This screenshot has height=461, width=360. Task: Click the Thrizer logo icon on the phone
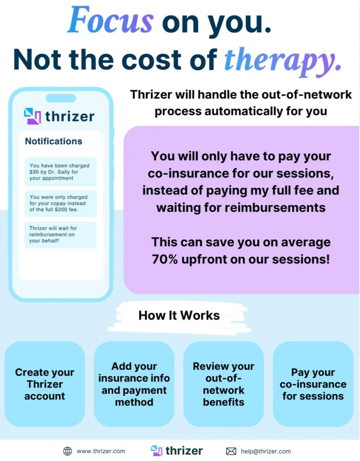coord(32,116)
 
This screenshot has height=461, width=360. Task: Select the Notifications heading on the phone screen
coord(53,141)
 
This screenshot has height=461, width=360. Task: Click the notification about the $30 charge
coord(60,171)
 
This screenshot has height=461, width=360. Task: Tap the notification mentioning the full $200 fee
coord(60,203)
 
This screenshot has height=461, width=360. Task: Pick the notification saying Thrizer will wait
coord(60,235)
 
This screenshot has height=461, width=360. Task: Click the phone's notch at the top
coord(61,98)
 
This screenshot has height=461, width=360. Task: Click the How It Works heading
coord(179,315)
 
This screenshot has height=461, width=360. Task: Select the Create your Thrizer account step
coord(45,384)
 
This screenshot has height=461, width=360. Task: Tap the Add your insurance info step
coord(134,384)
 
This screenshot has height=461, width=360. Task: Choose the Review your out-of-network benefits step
coord(224,384)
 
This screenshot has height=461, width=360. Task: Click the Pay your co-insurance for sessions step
coord(313,384)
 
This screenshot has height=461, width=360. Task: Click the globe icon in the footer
coord(67,451)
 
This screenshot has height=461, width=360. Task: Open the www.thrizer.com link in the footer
coord(101,451)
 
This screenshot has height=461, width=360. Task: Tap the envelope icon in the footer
coord(231,451)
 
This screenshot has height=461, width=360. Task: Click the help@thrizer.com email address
coord(266,451)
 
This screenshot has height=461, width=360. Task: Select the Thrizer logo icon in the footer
coord(157,450)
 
